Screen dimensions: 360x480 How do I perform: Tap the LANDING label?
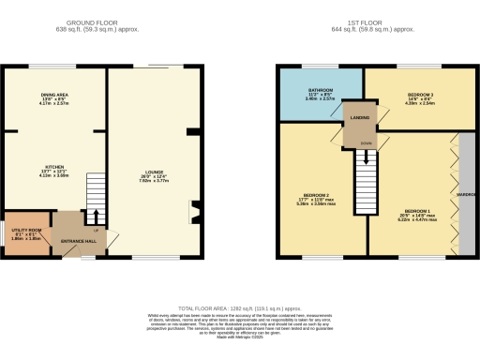tap(360, 116)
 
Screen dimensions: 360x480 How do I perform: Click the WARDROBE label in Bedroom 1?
tap(466, 195)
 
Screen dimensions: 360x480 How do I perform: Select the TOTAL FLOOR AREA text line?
tap(239, 307)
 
